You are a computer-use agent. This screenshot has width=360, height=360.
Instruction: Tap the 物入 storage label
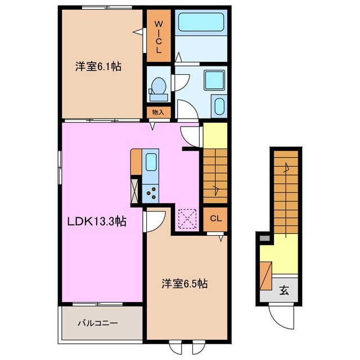[159, 112]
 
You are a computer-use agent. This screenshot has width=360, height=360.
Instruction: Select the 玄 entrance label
[285, 291]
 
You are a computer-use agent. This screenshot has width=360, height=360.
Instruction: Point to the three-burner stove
[151, 193]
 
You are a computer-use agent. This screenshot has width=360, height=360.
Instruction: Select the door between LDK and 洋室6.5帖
[155, 220]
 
